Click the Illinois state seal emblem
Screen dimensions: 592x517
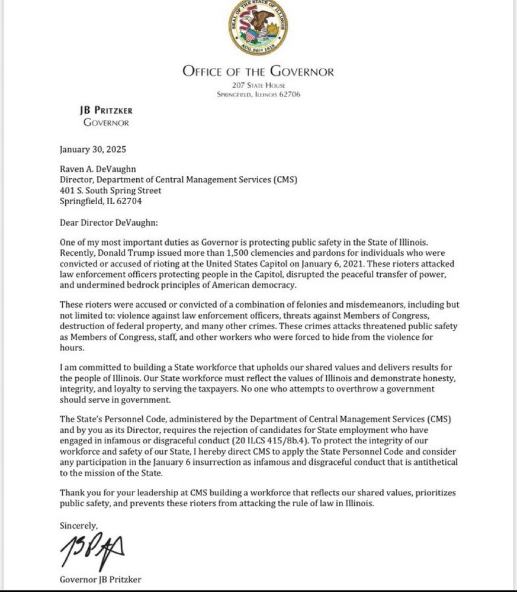pyautogui.click(x=258, y=27)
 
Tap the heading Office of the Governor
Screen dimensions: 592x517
pyautogui.click(x=258, y=72)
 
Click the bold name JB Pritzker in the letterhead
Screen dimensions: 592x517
pyautogui.click(x=103, y=111)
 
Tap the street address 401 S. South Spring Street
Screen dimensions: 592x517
pyautogui.click(x=110, y=191)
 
